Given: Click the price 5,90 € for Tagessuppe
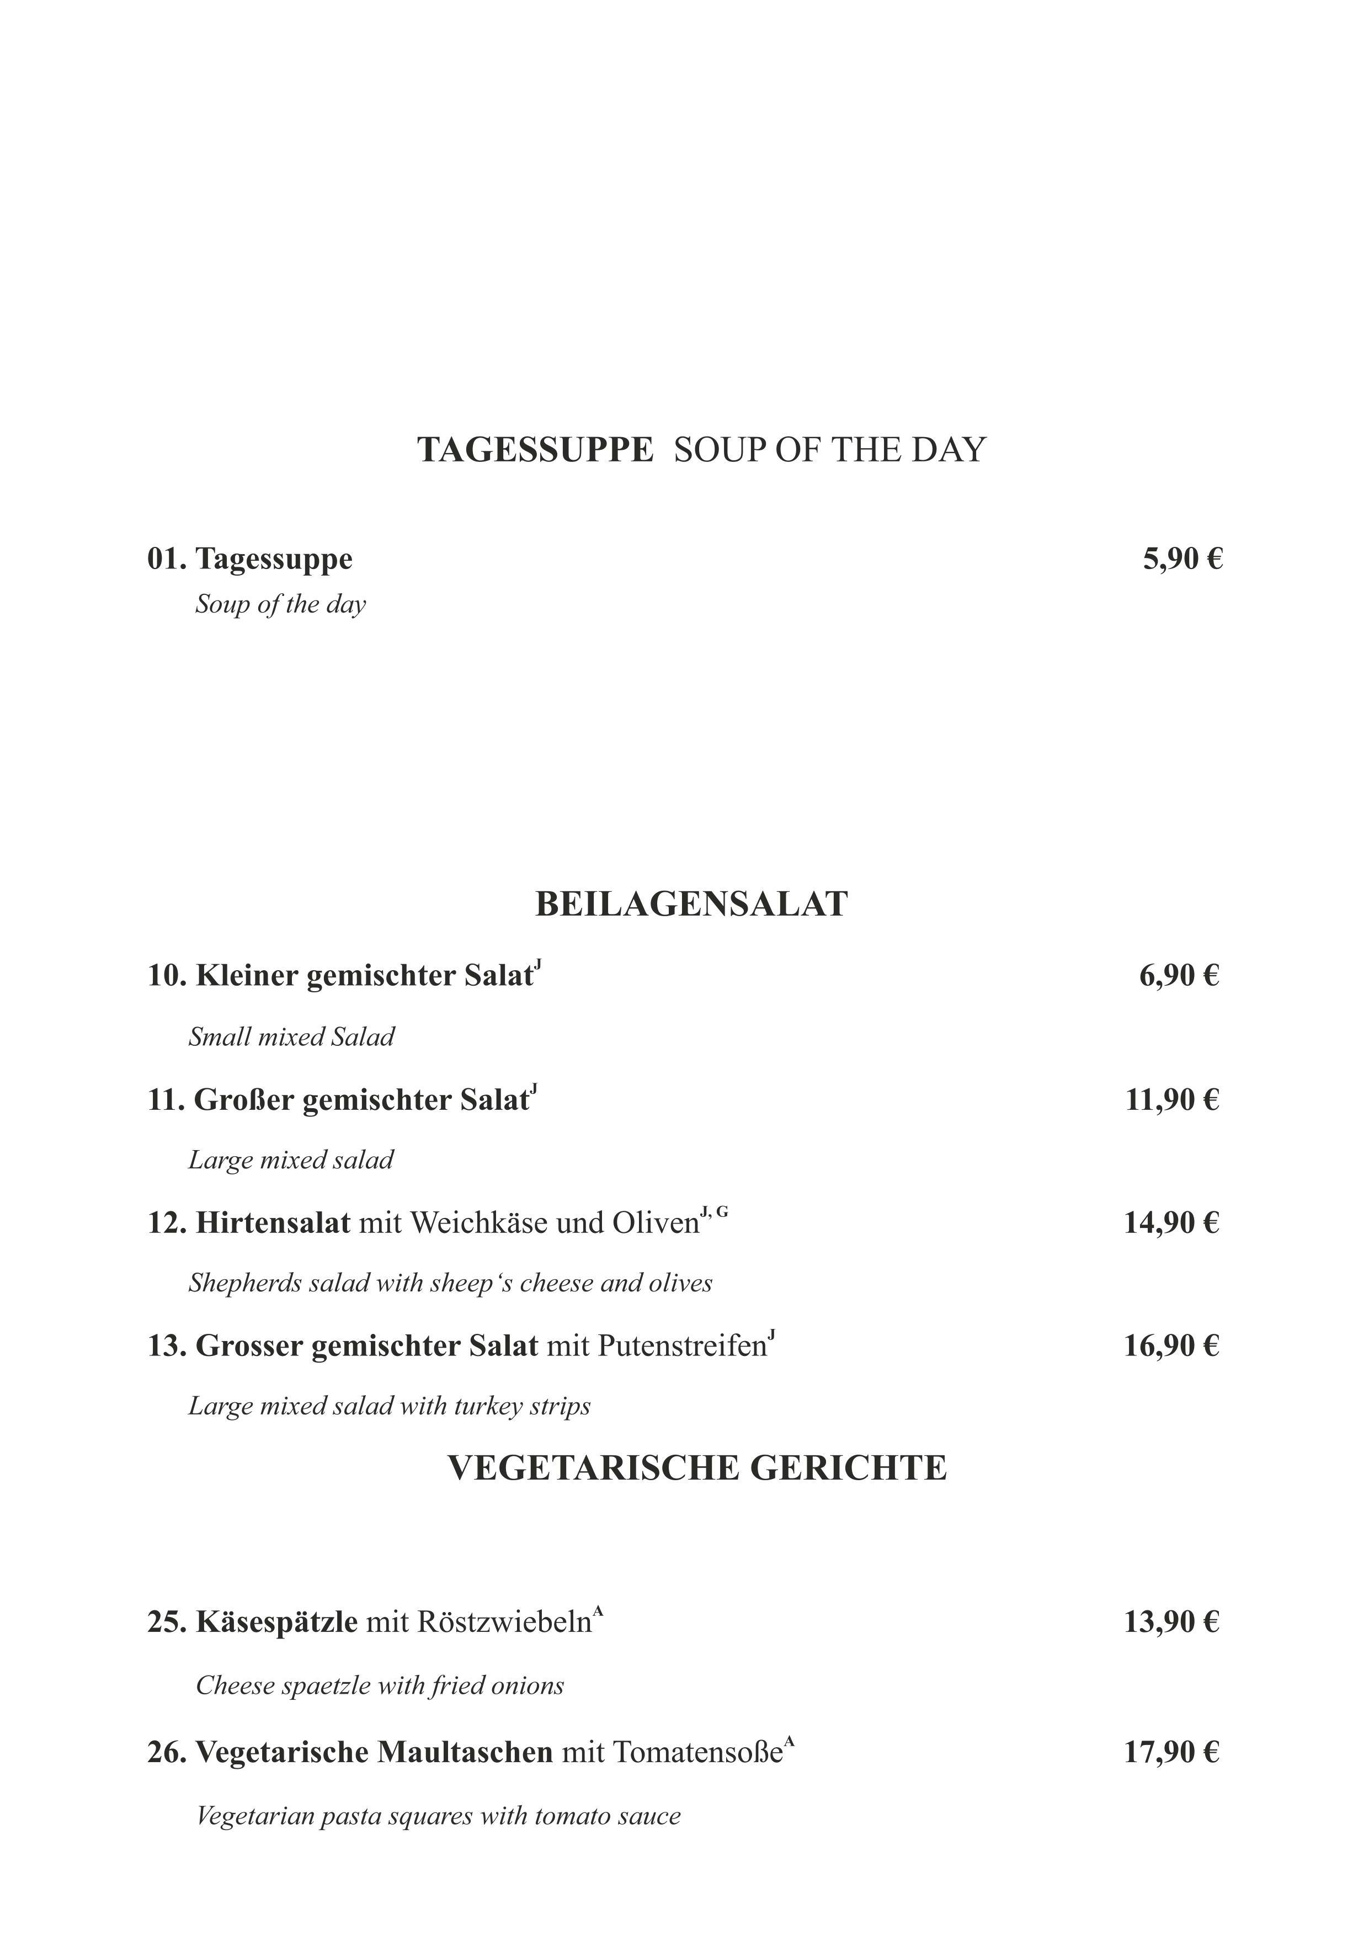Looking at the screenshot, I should point(1182,559).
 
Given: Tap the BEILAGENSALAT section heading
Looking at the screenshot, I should point(691,904).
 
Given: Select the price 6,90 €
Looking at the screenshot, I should point(1179,976).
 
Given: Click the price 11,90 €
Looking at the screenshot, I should point(1172,1099).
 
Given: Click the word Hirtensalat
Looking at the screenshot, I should point(273,1222).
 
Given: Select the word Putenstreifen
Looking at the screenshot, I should point(682,1345).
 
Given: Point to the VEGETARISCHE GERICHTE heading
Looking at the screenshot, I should point(697,1468).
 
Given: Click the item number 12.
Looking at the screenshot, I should point(165,1222).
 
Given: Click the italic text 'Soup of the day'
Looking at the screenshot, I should point(281,604).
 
